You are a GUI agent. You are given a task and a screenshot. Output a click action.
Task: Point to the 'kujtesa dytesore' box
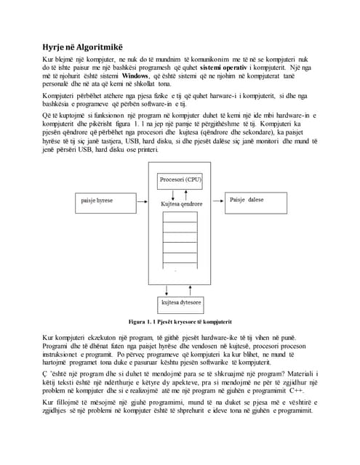click(x=180, y=302)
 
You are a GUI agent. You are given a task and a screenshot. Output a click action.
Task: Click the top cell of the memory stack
click(x=180, y=217)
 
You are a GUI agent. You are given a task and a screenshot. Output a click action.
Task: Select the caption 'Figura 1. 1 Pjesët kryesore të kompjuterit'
click(x=179, y=321)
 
